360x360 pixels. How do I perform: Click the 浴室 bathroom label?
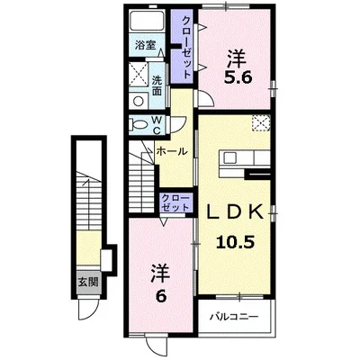tap(145, 45)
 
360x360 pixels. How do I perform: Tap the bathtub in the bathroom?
tap(147, 22)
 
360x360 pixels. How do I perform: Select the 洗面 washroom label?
tap(157, 85)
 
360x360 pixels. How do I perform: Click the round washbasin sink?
tap(139, 101)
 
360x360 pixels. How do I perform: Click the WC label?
tap(157, 124)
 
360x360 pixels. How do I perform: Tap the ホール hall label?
tap(172, 151)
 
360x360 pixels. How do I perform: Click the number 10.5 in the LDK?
tap(236, 242)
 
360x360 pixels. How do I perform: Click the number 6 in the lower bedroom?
tap(160, 297)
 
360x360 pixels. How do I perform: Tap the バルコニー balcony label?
tap(234, 317)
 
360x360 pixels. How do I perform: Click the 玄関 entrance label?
tap(88, 282)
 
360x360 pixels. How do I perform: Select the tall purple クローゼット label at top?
tap(186, 47)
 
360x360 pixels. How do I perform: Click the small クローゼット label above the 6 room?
tap(175, 202)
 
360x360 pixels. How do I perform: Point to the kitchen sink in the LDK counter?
tap(230, 157)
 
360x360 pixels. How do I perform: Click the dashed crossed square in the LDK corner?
tap(261, 122)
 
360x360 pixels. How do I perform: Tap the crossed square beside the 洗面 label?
tap(138, 75)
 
